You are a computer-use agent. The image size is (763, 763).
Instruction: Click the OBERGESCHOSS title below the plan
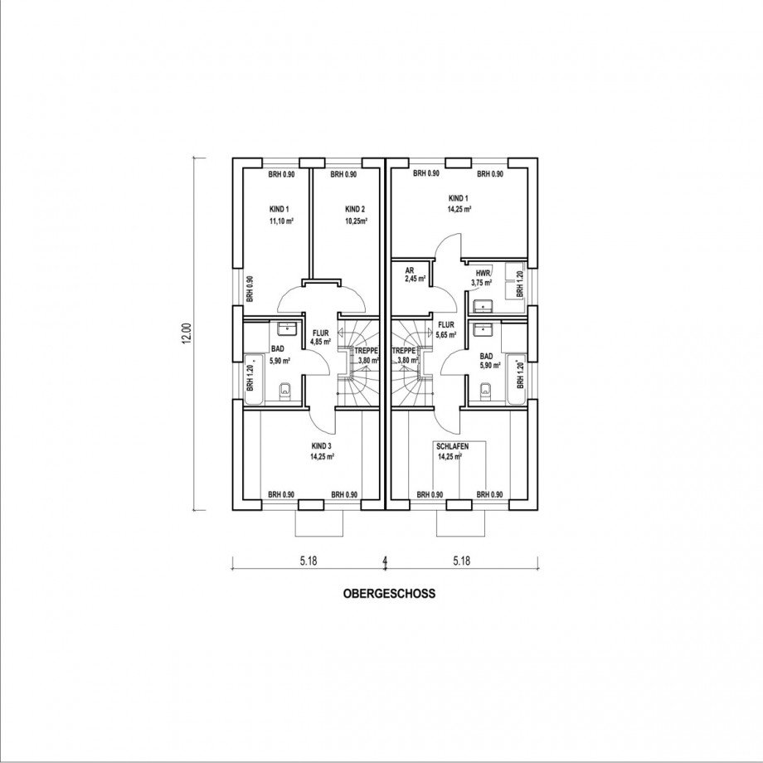[388, 594]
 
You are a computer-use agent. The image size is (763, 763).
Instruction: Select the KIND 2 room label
[355, 209]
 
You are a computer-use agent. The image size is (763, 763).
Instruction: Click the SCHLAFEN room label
[453, 446]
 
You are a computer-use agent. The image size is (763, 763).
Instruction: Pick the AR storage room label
[409, 270]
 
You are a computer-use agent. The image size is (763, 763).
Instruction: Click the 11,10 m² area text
[282, 222]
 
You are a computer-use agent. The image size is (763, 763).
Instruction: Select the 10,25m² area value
[356, 222]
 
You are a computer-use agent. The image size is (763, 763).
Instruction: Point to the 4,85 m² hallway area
[320, 341]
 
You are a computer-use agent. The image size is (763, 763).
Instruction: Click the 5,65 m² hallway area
[447, 336]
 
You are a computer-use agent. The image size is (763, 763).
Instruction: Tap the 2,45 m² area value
[414, 279]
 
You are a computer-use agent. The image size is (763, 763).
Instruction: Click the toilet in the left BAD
[285, 391]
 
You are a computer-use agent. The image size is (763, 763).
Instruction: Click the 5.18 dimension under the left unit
[308, 561]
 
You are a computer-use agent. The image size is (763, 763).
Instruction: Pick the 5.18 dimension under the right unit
[462, 561]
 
